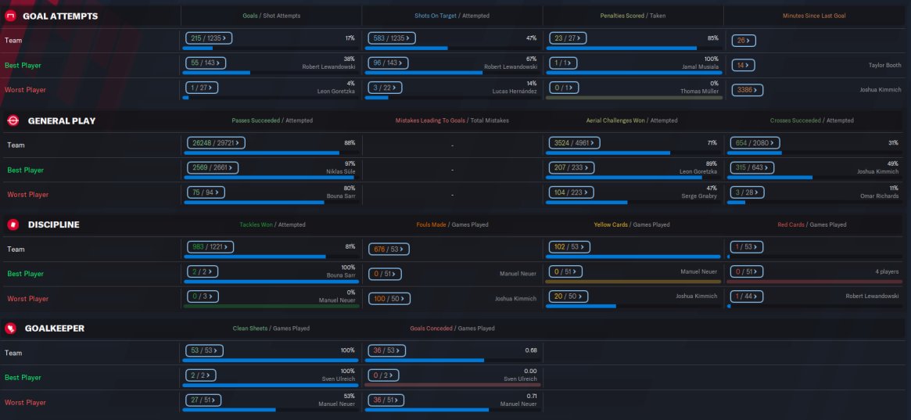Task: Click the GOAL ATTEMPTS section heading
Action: pyautogui.click(x=60, y=16)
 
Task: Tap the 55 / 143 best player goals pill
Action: pyautogui.click(x=205, y=63)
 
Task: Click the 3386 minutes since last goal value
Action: pyautogui.click(x=746, y=90)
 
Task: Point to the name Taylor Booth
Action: pyautogui.click(x=884, y=66)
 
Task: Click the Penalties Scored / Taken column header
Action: pyautogui.click(x=633, y=16)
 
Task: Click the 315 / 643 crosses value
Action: pyautogui.click(x=751, y=167)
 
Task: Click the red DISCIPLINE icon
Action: pyautogui.click(x=13, y=224)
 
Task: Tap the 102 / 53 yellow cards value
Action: pyautogui.click(x=568, y=246)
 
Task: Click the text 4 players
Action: pyautogui.click(x=887, y=271)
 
